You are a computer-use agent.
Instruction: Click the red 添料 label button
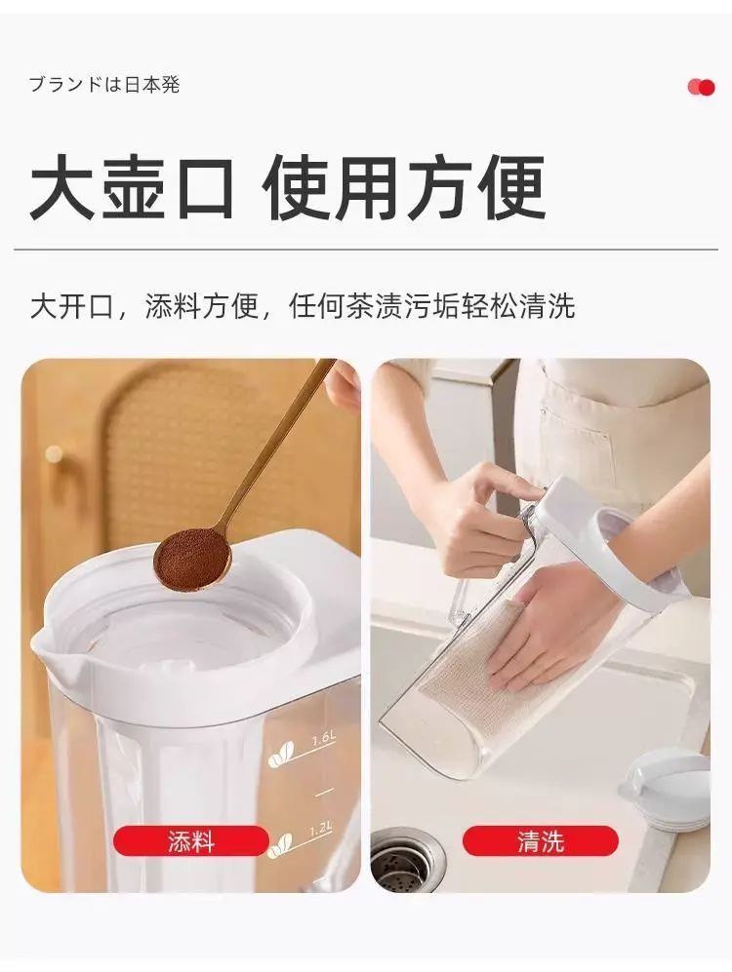click(191, 841)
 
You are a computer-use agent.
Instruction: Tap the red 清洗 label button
click(541, 841)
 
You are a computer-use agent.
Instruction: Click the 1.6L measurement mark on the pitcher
click(323, 739)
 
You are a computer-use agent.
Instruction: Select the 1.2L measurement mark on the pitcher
click(321, 828)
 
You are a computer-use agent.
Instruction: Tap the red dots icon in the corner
click(701, 88)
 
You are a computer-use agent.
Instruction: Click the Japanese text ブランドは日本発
click(104, 84)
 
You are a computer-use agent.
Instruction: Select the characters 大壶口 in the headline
click(131, 186)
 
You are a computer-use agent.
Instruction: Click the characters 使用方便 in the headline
click(403, 186)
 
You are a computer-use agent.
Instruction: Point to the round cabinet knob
click(54, 453)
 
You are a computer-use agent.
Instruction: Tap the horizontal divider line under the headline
click(366, 250)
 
